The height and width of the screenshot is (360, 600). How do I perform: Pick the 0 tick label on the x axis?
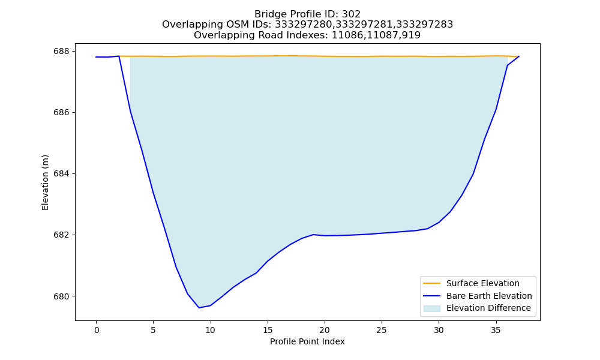tap(97, 330)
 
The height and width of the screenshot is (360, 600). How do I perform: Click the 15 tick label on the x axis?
tap(268, 330)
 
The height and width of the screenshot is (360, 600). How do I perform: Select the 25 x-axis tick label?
tap(382, 330)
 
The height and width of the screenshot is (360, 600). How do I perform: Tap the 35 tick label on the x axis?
tap(496, 330)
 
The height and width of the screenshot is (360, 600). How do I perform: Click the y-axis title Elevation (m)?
tap(46, 182)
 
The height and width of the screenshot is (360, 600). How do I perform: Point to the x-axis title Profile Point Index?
tap(307, 341)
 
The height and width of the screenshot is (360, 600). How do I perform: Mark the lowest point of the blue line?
tap(199, 308)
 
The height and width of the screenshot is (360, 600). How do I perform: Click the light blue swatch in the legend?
tap(431, 308)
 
